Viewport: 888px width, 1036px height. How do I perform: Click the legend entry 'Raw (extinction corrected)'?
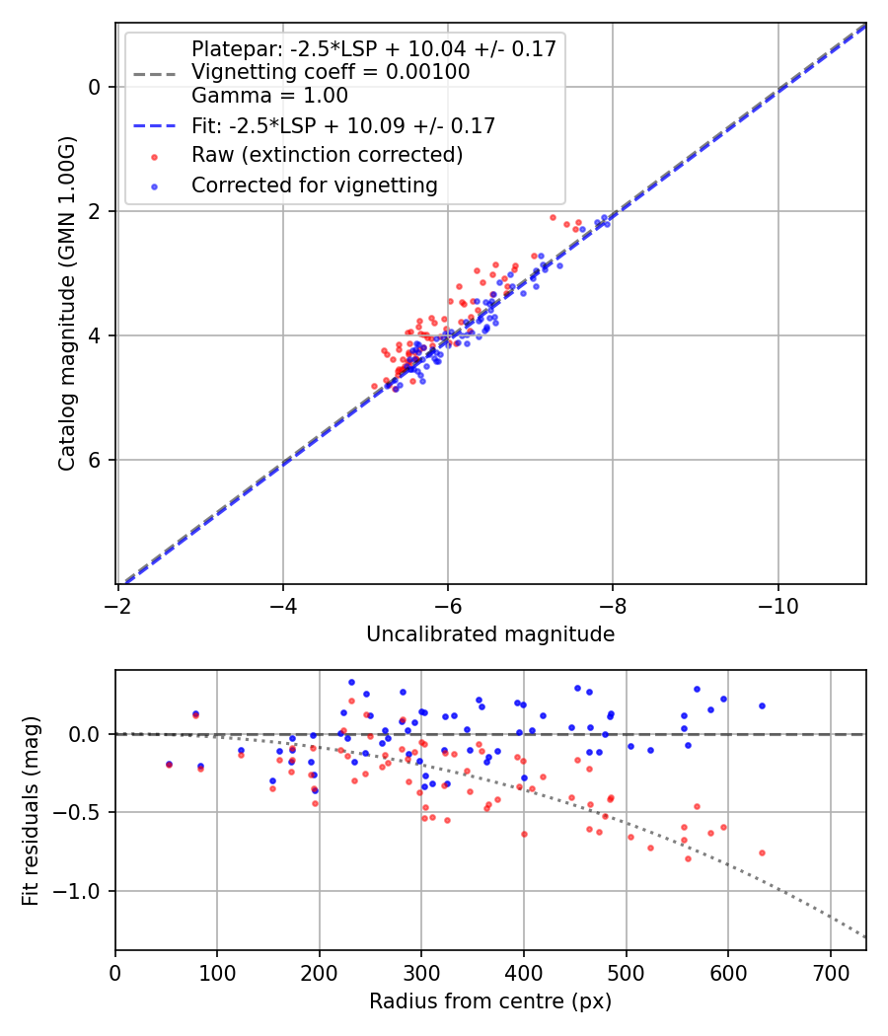(327, 155)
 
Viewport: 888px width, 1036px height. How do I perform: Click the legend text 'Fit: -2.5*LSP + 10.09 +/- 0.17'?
(343, 125)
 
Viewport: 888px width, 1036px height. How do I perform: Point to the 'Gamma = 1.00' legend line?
(269, 96)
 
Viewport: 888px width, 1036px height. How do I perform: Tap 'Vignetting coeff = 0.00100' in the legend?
(331, 72)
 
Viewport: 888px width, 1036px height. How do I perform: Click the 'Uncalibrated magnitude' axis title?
(490, 634)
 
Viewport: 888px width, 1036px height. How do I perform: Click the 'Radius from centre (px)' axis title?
(490, 1001)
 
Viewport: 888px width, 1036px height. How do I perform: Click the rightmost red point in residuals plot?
(762, 852)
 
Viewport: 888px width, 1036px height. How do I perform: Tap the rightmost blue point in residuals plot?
(762, 705)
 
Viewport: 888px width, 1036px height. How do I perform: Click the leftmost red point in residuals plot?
(169, 765)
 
